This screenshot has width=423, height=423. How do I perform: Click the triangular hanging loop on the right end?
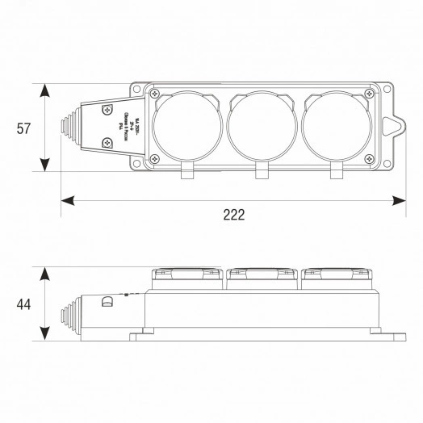click(x=393, y=126)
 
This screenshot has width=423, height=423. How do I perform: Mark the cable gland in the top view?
click(x=67, y=127)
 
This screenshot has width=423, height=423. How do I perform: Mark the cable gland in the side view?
click(x=67, y=308)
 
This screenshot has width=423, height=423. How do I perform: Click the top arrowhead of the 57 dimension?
click(x=47, y=87)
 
